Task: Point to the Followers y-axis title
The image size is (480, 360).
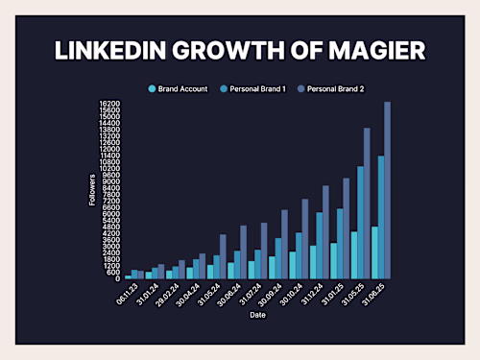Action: click(x=93, y=190)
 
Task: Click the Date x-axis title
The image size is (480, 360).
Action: click(x=258, y=314)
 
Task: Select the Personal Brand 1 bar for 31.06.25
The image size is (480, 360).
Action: click(x=381, y=217)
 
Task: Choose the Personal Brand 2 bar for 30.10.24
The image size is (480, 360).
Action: click(x=305, y=239)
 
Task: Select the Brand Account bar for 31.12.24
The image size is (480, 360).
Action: click(x=312, y=262)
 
